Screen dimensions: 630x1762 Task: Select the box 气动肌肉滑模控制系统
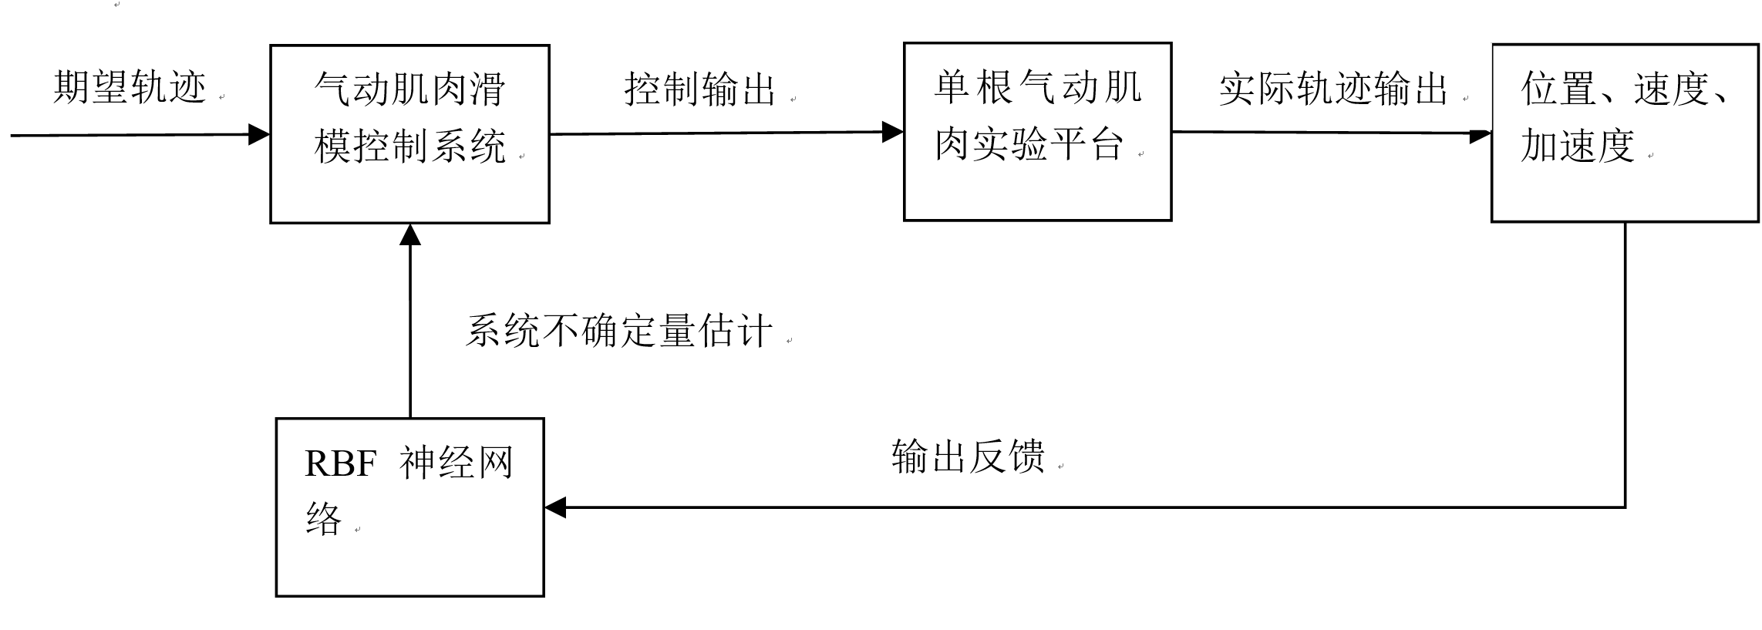pyautogui.click(x=409, y=133)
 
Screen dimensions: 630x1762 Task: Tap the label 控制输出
pyautogui.click(x=699, y=90)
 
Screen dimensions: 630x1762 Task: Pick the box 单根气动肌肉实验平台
pyautogui.click(x=1037, y=131)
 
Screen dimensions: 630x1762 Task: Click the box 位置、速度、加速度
pyautogui.click(x=1625, y=133)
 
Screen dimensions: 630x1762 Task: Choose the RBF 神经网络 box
pyautogui.click(x=409, y=507)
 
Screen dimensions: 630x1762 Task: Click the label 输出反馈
pyautogui.click(x=968, y=456)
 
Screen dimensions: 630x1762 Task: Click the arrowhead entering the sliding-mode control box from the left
pyautogui.click(x=259, y=135)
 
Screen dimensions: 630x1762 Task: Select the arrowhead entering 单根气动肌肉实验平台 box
pyautogui.click(x=893, y=132)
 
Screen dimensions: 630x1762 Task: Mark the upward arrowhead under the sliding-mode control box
pyautogui.click(x=410, y=234)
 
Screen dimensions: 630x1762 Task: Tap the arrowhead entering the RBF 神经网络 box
pyautogui.click(x=555, y=507)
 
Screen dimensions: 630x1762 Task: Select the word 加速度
pyautogui.click(x=1578, y=146)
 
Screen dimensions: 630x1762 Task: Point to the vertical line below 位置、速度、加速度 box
pyautogui.click(x=1626, y=362)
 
